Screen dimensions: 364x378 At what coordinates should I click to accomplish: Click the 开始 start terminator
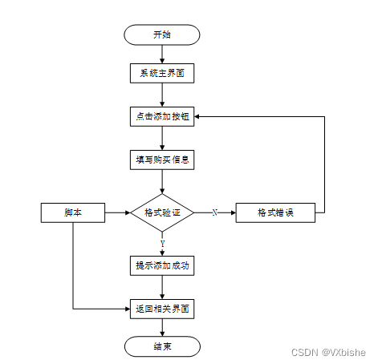point(161,34)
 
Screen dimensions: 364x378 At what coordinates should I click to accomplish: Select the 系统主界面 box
point(161,74)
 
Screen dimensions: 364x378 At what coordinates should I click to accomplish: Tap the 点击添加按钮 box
point(161,116)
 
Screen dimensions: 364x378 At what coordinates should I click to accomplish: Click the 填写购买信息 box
point(161,159)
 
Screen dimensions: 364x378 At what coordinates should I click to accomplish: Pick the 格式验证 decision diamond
point(161,212)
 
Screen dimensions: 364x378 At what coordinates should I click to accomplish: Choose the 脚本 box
point(73,212)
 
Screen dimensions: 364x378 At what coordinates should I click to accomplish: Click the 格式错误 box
point(274,212)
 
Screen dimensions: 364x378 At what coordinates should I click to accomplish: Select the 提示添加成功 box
point(161,265)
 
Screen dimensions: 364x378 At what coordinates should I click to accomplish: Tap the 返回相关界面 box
point(161,308)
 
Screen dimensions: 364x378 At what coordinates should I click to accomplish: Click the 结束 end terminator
point(161,346)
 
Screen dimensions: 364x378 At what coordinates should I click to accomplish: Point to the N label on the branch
point(214,212)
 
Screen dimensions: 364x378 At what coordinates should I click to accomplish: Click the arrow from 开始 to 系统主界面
point(161,55)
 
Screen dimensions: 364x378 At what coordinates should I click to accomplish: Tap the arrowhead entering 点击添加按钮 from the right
point(198,116)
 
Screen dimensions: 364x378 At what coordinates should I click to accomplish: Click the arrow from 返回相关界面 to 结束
point(161,327)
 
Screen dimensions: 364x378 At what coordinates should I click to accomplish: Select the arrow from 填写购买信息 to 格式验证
point(161,181)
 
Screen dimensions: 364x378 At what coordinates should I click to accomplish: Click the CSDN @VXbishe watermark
point(327,352)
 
